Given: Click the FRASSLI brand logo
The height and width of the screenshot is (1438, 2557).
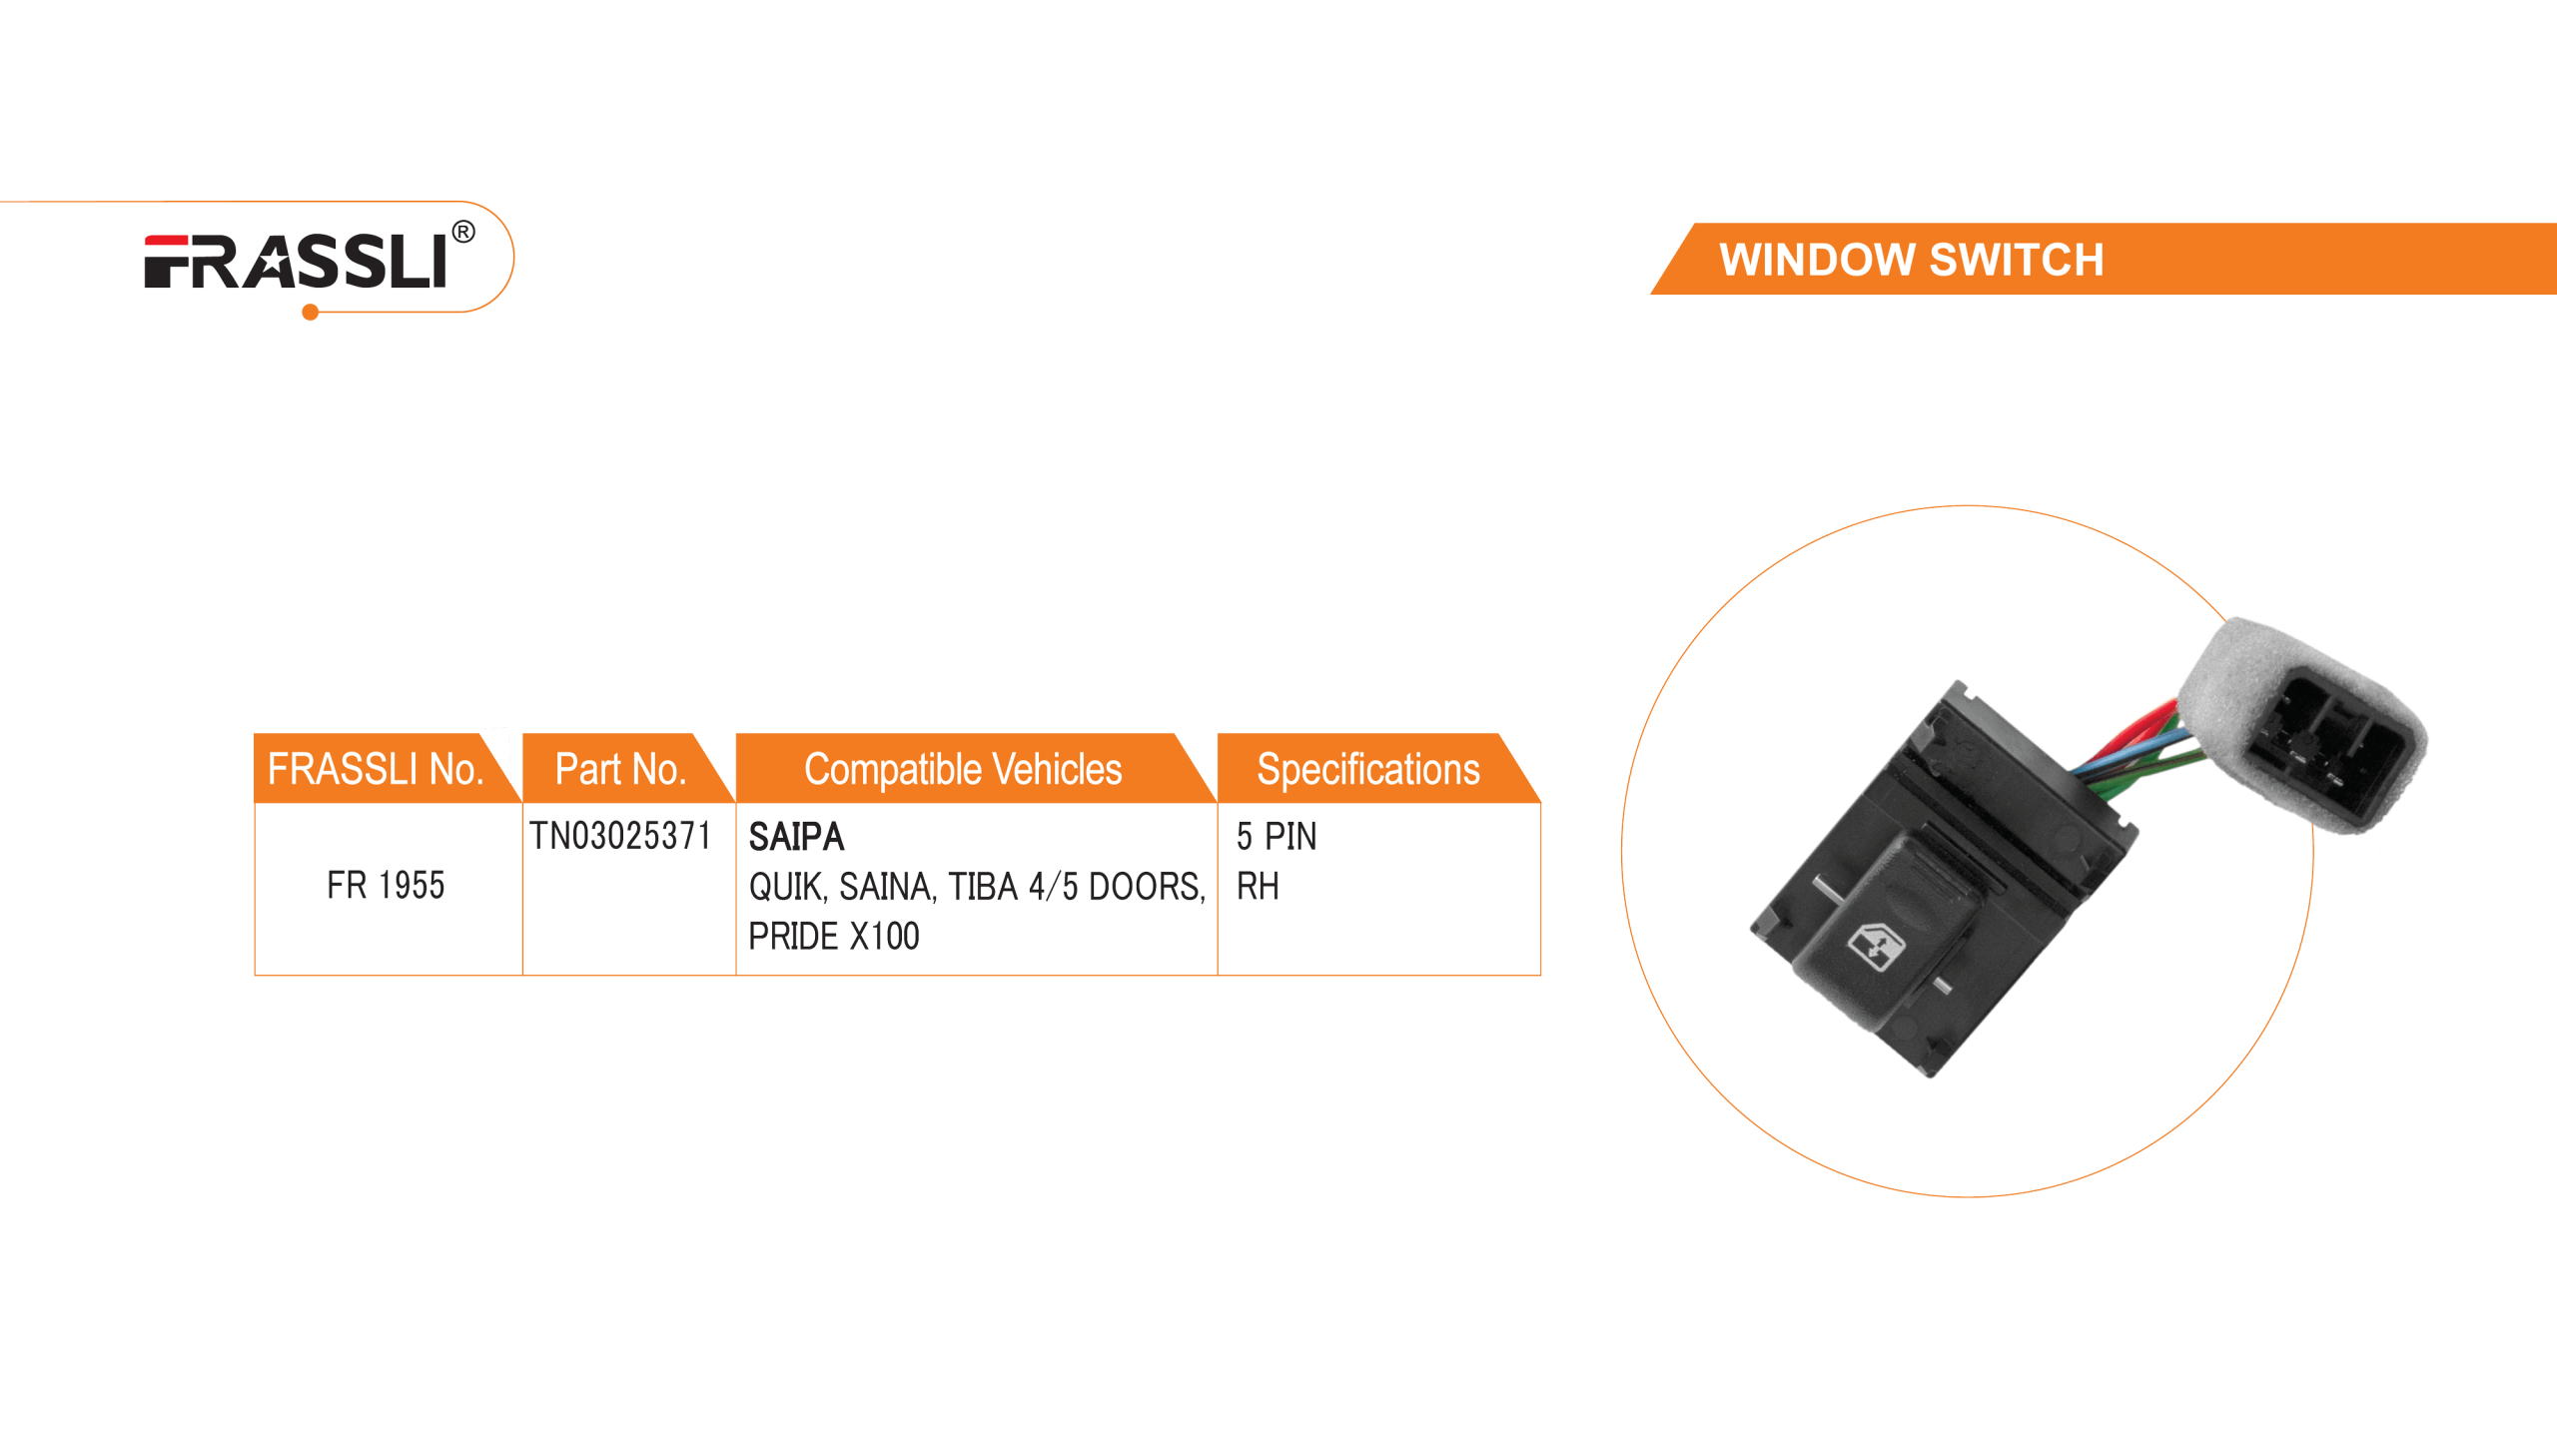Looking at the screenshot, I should coord(296,262).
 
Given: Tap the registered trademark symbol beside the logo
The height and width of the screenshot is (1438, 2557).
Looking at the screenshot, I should coord(463,233).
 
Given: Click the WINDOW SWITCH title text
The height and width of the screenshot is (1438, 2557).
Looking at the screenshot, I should coord(1911,260).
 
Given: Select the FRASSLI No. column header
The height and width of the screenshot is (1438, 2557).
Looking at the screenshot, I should coord(375,769).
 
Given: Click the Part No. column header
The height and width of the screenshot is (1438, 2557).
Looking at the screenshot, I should coord(620,769).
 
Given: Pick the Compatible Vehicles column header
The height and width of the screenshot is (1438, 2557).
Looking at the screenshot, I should coord(963,769).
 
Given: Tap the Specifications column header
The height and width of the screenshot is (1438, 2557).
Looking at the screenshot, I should coord(1367,769).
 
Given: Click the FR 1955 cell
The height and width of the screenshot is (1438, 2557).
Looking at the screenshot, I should coord(386,885).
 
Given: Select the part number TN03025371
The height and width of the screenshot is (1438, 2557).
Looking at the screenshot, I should coord(619,835).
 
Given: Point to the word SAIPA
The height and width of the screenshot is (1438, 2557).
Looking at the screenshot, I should coord(796,836).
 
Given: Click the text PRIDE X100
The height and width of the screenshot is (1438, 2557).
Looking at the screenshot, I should coord(834,936).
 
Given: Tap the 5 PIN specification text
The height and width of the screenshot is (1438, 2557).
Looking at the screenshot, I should coord(1276,836).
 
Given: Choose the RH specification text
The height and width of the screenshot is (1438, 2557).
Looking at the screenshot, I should coord(1257,885).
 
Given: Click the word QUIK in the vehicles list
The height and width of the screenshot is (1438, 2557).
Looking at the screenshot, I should coord(786,886).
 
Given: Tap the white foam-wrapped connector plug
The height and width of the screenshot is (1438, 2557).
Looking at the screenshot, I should coord(2307,722).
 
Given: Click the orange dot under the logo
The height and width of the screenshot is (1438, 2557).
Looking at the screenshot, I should coord(310,314).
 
